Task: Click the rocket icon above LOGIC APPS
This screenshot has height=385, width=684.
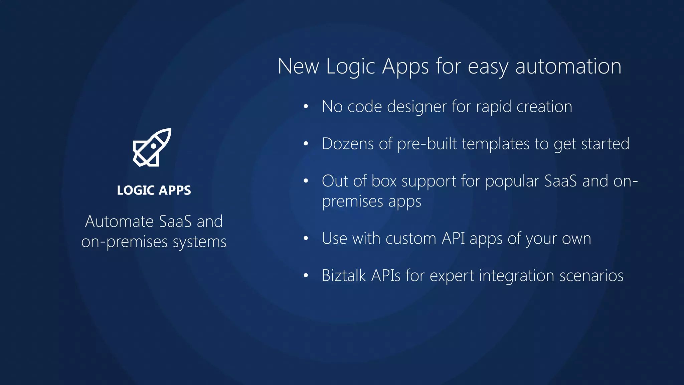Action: [x=152, y=147]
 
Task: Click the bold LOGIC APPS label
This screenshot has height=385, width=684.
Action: [x=154, y=190]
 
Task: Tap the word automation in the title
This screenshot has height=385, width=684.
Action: [x=568, y=66]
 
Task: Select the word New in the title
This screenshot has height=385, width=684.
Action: [x=298, y=66]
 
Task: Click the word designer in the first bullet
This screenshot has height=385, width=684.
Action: [x=416, y=107]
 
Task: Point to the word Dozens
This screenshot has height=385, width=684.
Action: [x=348, y=144]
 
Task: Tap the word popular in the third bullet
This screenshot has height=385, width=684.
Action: [x=512, y=181]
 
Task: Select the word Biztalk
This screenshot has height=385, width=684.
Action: [x=344, y=276]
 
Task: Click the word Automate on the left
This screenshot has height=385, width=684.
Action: [x=119, y=222]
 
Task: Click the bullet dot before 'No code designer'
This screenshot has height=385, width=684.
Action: [x=306, y=107]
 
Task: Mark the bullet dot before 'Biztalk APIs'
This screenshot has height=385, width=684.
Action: [x=306, y=276]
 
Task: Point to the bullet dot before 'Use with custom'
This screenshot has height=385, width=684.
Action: [x=306, y=239]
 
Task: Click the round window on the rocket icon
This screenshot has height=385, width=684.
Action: [x=153, y=146]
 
